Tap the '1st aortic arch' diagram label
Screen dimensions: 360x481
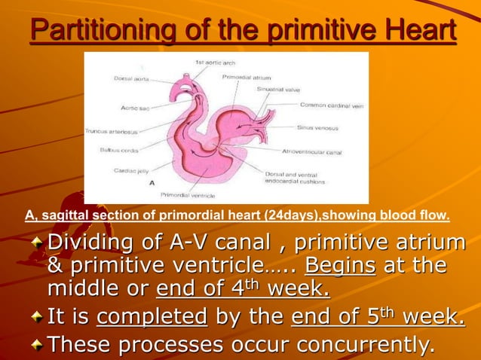coord(217,62)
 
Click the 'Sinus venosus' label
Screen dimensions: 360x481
coord(316,127)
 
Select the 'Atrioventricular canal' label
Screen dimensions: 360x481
coord(311,151)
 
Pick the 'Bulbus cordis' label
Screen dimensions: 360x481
coord(118,150)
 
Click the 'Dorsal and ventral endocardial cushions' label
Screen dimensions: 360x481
coord(295,178)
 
